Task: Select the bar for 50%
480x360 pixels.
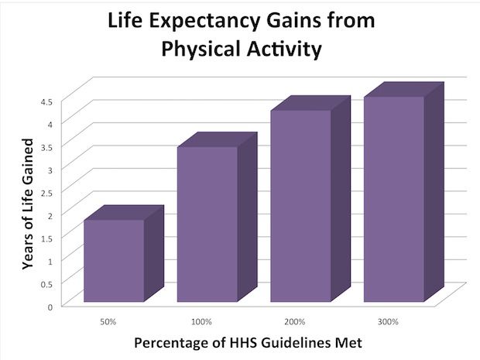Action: click(x=114, y=260)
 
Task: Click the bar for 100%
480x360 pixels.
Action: click(x=207, y=224)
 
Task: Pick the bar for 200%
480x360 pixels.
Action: click(x=300, y=206)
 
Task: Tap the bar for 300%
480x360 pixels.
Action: click(x=394, y=198)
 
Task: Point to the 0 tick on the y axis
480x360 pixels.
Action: click(x=50, y=307)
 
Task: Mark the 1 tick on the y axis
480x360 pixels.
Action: click(x=50, y=261)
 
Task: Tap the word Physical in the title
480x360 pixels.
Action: click(x=194, y=50)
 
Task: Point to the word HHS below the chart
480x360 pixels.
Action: click(x=252, y=341)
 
